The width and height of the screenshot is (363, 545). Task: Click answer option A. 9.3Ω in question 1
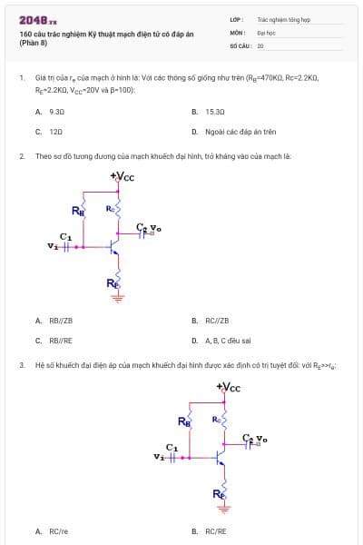click(x=50, y=112)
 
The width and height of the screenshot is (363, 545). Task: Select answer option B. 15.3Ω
click(x=209, y=112)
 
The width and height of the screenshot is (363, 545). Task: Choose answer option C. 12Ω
click(x=49, y=132)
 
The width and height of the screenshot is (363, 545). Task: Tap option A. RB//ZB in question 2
click(x=54, y=320)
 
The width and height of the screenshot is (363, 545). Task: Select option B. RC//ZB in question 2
click(x=211, y=320)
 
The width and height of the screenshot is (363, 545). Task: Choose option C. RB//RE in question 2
click(x=54, y=340)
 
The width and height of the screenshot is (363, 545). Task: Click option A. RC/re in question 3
click(x=52, y=531)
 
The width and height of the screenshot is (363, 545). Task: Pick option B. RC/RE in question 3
click(x=210, y=531)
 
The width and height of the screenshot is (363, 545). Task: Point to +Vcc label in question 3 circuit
click(x=229, y=388)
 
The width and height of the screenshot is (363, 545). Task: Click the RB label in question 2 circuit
click(x=77, y=211)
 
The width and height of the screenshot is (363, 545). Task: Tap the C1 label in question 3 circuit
click(x=172, y=448)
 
